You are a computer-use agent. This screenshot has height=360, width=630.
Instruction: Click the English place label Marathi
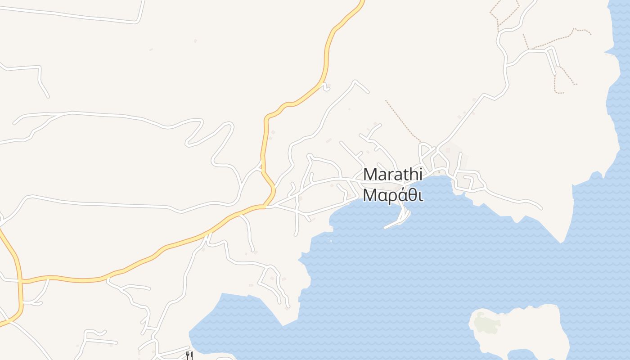click(393, 175)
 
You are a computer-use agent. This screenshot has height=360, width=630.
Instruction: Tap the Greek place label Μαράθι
click(393, 196)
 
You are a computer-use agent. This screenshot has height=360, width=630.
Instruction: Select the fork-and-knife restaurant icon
click(190, 355)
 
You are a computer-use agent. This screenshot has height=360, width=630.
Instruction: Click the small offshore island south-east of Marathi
click(522, 331)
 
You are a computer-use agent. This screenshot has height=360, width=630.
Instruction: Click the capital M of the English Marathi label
click(370, 175)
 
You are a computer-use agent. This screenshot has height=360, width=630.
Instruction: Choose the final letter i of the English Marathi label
click(421, 174)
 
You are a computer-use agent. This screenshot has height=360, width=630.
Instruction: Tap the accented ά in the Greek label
click(403, 195)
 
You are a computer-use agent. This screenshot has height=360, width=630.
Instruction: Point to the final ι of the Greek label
click(421, 196)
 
